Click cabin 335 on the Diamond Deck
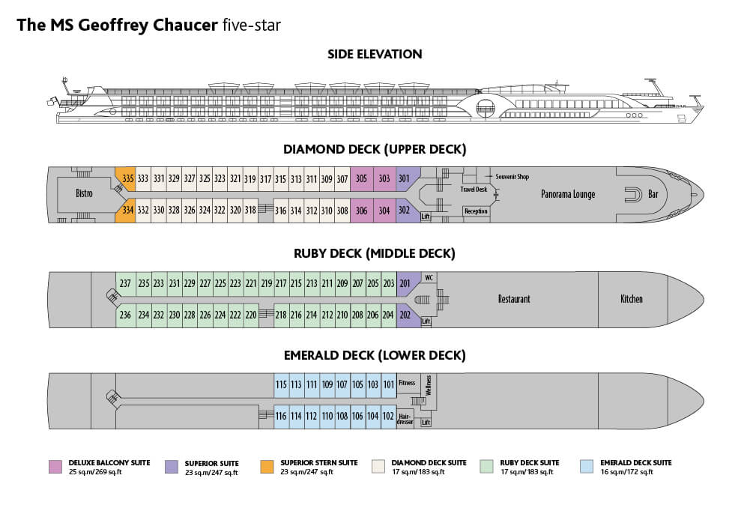127,178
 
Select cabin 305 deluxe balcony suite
361,178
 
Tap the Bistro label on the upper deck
84,194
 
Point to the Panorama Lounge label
568,194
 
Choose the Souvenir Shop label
512,177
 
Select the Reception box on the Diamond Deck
476,211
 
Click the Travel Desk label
474,190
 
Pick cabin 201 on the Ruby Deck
405,283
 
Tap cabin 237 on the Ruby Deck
125,283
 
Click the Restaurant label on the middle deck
514,299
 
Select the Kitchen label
631,299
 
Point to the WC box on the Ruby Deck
429,277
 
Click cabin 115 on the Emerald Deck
281,384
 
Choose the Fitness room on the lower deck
406,383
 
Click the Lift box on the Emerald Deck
426,422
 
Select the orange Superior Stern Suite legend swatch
266,465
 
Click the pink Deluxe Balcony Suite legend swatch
54,465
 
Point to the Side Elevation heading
375,54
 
